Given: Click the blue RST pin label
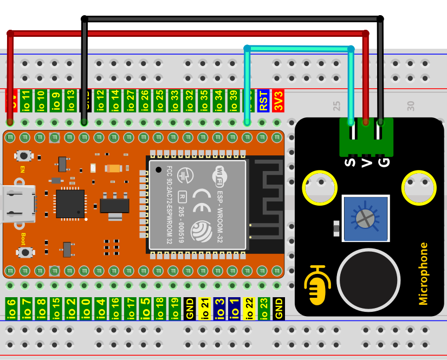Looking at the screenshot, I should pyautogui.click(x=263, y=101).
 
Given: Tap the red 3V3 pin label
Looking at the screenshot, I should pyautogui.click(x=278, y=101).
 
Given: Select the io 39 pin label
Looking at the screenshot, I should pyautogui.click(x=234, y=101).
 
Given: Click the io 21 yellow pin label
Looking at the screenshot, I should pyautogui.click(x=205, y=308).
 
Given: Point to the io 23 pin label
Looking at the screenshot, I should pyautogui.click(x=264, y=308).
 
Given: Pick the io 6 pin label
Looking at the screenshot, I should pyautogui.click(x=11, y=308).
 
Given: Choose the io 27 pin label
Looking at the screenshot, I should pyautogui.click(x=130, y=101).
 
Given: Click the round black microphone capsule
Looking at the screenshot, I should pyautogui.click(x=368, y=280).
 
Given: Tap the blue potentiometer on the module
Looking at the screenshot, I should pyautogui.click(x=365, y=219).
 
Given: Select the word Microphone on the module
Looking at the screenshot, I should pyautogui.click(x=423, y=273).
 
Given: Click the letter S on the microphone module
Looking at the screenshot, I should pyautogui.click(x=351, y=161).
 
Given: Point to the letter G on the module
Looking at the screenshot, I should pyautogui.click(x=384, y=161).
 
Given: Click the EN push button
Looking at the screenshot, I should pyautogui.click(x=23, y=156).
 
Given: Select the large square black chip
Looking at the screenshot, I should pyautogui.click(x=70, y=204).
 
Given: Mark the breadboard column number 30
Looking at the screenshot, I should pyautogui.click(x=410, y=104).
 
